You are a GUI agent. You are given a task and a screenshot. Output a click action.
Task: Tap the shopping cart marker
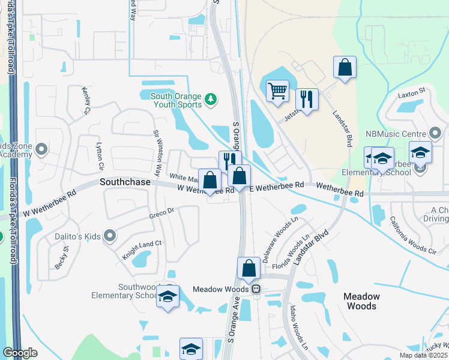(x=277, y=92)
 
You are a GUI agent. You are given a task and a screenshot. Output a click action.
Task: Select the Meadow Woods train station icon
(x=256, y=289)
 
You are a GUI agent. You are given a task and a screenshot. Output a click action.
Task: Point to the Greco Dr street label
(x=161, y=212)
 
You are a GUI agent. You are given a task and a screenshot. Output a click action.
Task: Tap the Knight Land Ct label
(x=142, y=244)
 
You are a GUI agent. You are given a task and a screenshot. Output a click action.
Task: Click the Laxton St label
(x=411, y=91)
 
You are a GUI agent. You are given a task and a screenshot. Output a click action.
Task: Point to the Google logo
(x=20, y=353)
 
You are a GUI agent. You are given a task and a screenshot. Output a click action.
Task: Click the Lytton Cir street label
(x=100, y=156)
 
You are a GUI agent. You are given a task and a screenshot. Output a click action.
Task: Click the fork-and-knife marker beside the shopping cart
(x=307, y=99)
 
